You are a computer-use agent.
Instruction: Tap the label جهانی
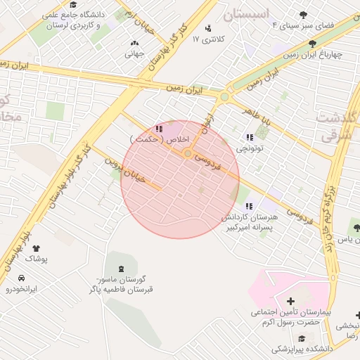pyautogui.click(x=134, y=53)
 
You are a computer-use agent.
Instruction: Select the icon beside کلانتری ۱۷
pyautogui.click(x=207, y=28)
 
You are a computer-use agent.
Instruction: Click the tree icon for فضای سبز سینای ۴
pyautogui.click(x=303, y=14)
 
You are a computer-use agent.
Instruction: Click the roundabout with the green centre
pyautogui.click(x=224, y=97)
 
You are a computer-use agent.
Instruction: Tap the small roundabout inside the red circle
pyautogui.click(x=188, y=154)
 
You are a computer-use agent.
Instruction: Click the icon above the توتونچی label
pyautogui.click(x=249, y=137)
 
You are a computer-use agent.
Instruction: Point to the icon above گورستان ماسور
pyautogui.click(x=120, y=268)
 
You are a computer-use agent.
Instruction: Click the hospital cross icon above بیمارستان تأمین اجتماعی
pyautogui.click(x=291, y=301)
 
